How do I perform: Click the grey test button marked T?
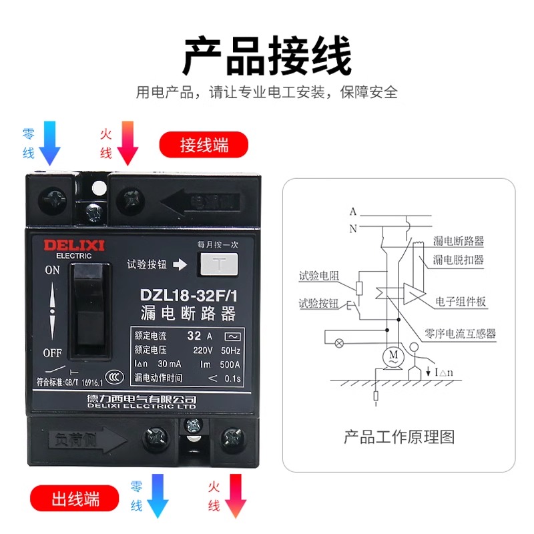(x=218, y=264)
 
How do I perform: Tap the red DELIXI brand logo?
(x=68, y=245)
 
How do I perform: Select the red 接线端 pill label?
(x=204, y=146)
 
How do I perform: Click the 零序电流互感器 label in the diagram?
(x=459, y=334)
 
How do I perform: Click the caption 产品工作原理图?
(x=398, y=437)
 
